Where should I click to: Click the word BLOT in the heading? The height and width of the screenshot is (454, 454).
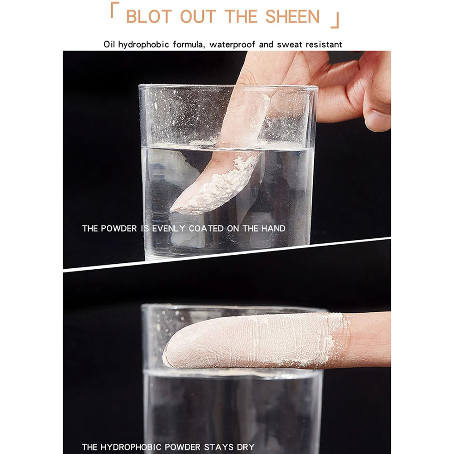[149, 16]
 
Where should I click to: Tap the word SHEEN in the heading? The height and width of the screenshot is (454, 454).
[292, 16]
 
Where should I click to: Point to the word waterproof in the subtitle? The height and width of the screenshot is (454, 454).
[232, 44]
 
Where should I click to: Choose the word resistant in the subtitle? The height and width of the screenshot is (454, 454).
[324, 44]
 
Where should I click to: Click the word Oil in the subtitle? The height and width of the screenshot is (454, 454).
[109, 44]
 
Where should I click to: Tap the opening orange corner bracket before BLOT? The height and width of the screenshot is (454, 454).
[115, 10]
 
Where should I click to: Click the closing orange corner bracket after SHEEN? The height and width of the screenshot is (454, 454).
[335, 20]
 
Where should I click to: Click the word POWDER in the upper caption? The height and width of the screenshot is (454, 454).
[118, 228]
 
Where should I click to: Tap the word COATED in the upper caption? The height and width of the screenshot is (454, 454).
[206, 228]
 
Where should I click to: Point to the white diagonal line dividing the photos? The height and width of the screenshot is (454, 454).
[227, 253]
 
